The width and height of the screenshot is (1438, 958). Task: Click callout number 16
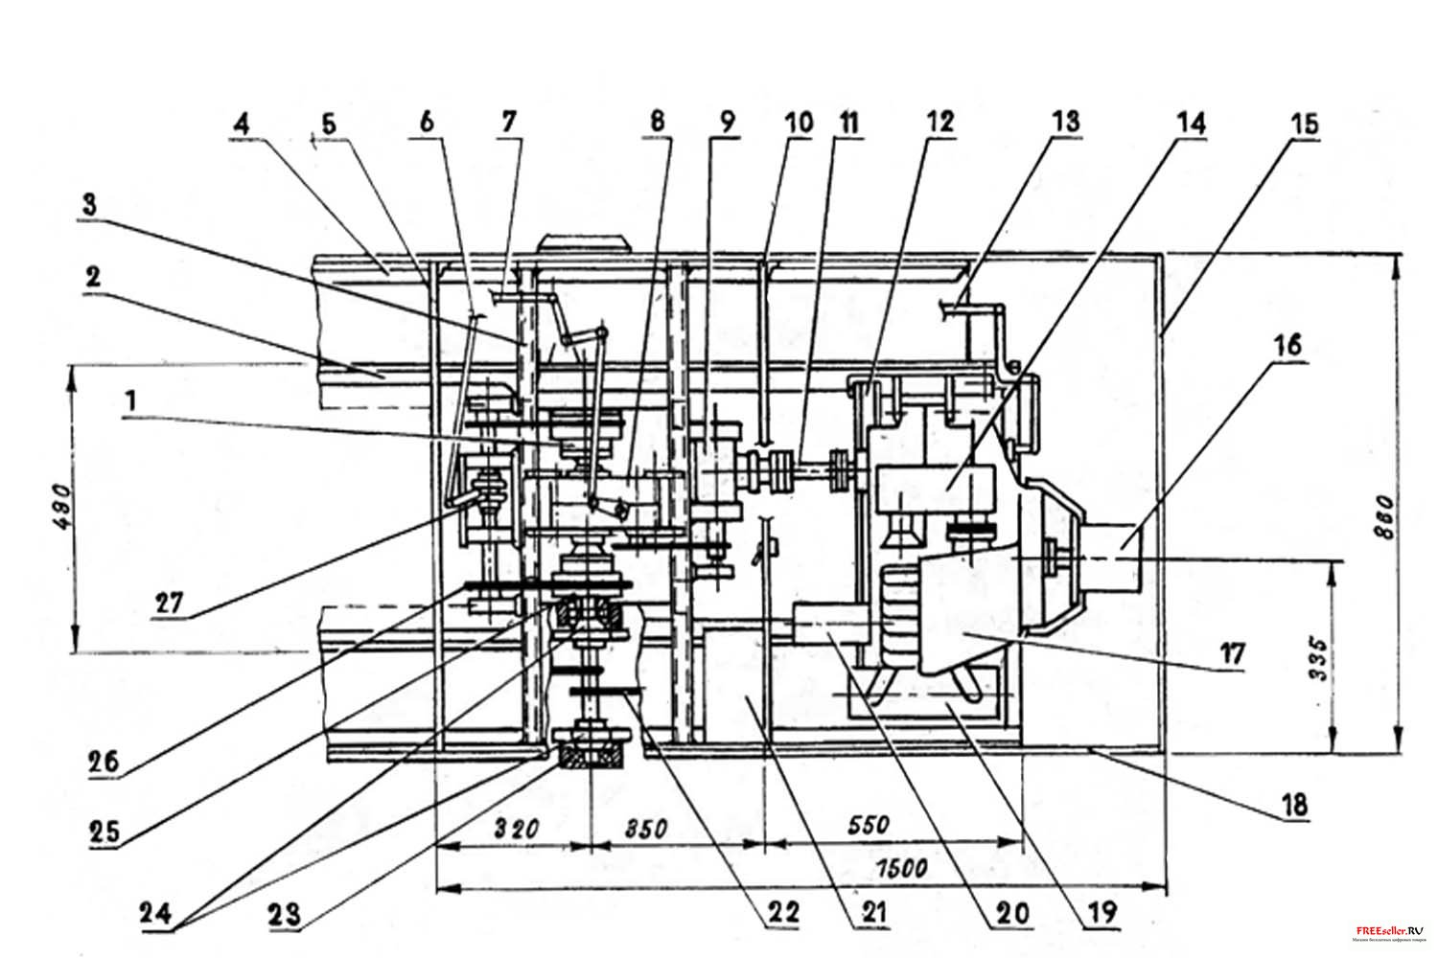(x=1289, y=346)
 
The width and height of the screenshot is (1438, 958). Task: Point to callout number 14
(x=1194, y=123)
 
